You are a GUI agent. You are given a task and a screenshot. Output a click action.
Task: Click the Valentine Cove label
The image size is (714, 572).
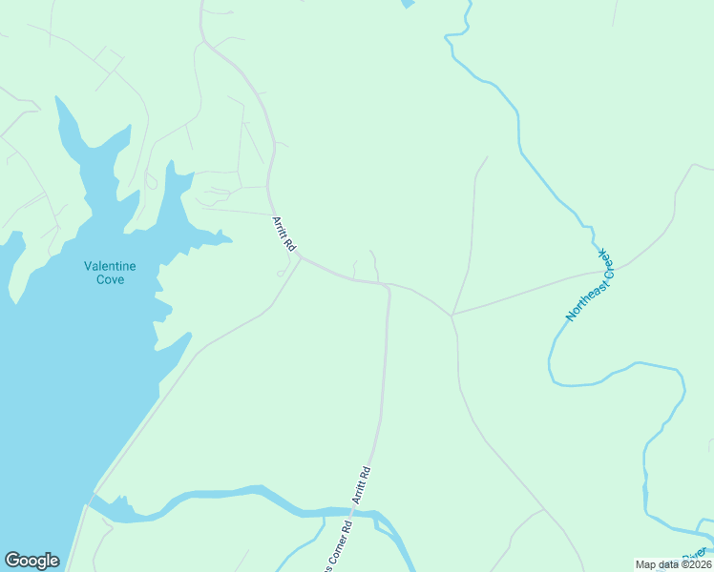[x=110, y=273]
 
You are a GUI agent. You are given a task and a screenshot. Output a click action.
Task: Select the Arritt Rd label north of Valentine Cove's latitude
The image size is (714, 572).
[x=283, y=233]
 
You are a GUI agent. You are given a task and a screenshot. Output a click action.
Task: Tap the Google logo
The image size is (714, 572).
[x=31, y=561]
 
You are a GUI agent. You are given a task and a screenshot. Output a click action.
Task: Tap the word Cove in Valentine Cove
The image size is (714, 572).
[x=110, y=279]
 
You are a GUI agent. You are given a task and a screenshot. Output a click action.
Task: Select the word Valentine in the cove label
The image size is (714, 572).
[x=110, y=266]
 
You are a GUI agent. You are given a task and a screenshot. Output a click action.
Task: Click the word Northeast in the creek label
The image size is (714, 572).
[x=578, y=298]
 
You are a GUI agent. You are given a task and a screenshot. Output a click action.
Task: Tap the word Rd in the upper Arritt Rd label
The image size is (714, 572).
[x=288, y=244]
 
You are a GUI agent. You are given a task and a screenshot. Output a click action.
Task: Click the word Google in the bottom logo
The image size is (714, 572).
[x=31, y=561]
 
